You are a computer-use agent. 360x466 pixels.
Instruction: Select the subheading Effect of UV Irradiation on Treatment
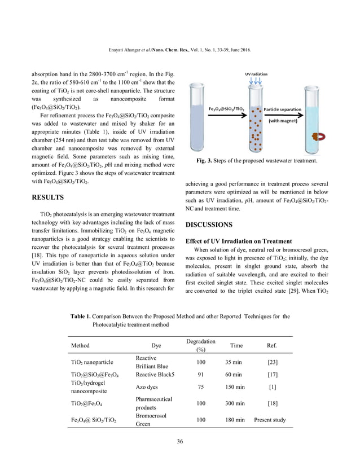pos(239,241)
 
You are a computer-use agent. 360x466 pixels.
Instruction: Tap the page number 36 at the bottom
pos(180,441)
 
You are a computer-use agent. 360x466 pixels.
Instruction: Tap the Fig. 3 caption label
pos(205,162)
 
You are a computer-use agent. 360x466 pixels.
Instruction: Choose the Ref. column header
pos(271,345)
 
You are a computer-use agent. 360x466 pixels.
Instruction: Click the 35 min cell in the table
pos(234,362)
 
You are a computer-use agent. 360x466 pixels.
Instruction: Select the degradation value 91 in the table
pos(201,374)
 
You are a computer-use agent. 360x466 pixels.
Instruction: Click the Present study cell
pos(270,420)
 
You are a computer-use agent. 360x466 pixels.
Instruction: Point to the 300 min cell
pos(234,403)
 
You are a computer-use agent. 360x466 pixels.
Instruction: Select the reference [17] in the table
pos(271,374)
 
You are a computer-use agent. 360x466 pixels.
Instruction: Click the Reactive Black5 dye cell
pos(156,374)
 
